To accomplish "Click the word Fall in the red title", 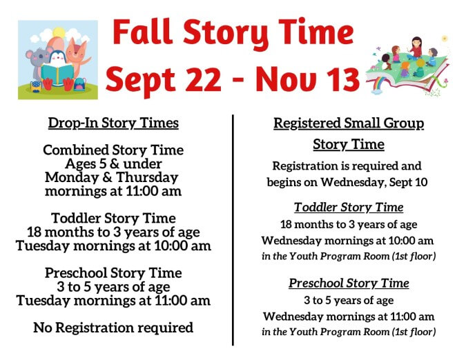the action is pyautogui.click(x=143, y=32).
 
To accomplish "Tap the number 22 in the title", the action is pyautogui.click(x=203, y=79).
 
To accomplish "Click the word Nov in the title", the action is pyautogui.click(x=285, y=79).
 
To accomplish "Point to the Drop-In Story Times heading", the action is pyautogui.click(x=113, y=123).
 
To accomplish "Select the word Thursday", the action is pyautogui.click(x=147, y=177).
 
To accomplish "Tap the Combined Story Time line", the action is pyautogui.click(x=113, y=150).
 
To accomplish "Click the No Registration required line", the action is pyautogui.click(x=113, y=328).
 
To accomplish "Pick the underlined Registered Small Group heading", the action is pyautogui.click(x=349, y=123).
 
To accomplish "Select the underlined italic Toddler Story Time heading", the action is pyautogui.click(x=349, y=207).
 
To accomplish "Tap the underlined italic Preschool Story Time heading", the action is pyautogui.click(x=349, y=283).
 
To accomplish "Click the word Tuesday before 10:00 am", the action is pyautogui.click(x=43, y=246).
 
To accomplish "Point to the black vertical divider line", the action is pyautogui.click(x=233, y=230).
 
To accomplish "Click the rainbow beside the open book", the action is pyautogui.click(x=377, y=86).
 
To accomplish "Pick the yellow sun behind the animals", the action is pyautogui.click(x=58, y=32).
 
